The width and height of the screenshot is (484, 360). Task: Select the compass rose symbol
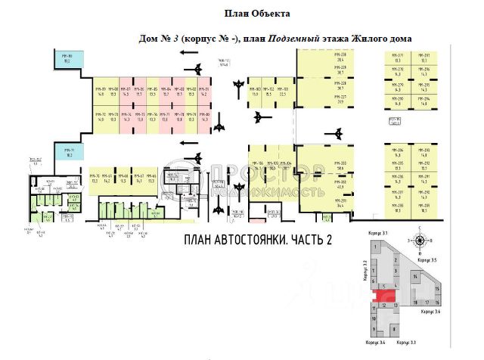pyautogui.click(x=419, y=241)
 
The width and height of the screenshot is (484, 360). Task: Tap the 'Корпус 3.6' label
pyautogui.click(x=433, y=311)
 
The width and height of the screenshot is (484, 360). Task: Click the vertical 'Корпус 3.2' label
pyautogui.click(x=365, y=269)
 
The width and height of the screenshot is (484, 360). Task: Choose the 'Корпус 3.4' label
pyautogui.click(x=376, y=343)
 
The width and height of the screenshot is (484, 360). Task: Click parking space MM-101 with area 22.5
pyautogui.click(x=282, y=93)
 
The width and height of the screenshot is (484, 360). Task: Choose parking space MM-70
pyautogui.click(x=96, y=179)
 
